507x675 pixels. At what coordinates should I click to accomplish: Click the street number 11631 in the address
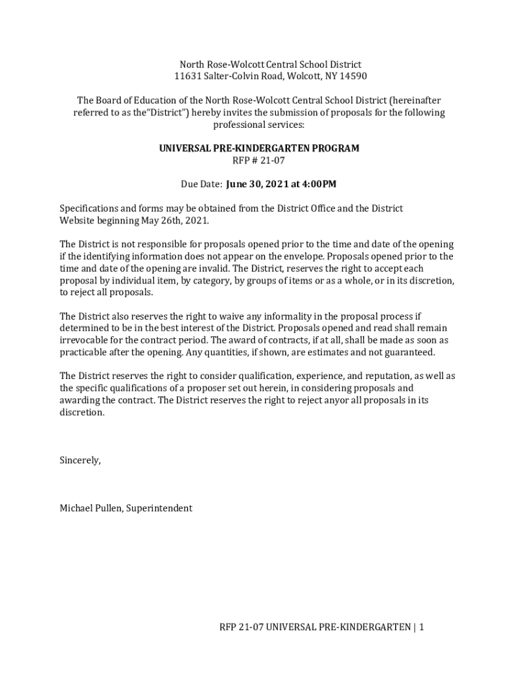(187, 76)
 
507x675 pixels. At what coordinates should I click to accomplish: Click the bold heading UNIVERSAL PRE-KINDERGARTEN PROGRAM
(259, 148)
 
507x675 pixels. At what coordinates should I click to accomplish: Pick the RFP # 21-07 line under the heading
(259, 160)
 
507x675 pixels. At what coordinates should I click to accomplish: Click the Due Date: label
(201, 184)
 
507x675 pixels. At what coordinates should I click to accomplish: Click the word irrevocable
(85, 340)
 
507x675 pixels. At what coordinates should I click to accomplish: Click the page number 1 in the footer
(421, 628)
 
